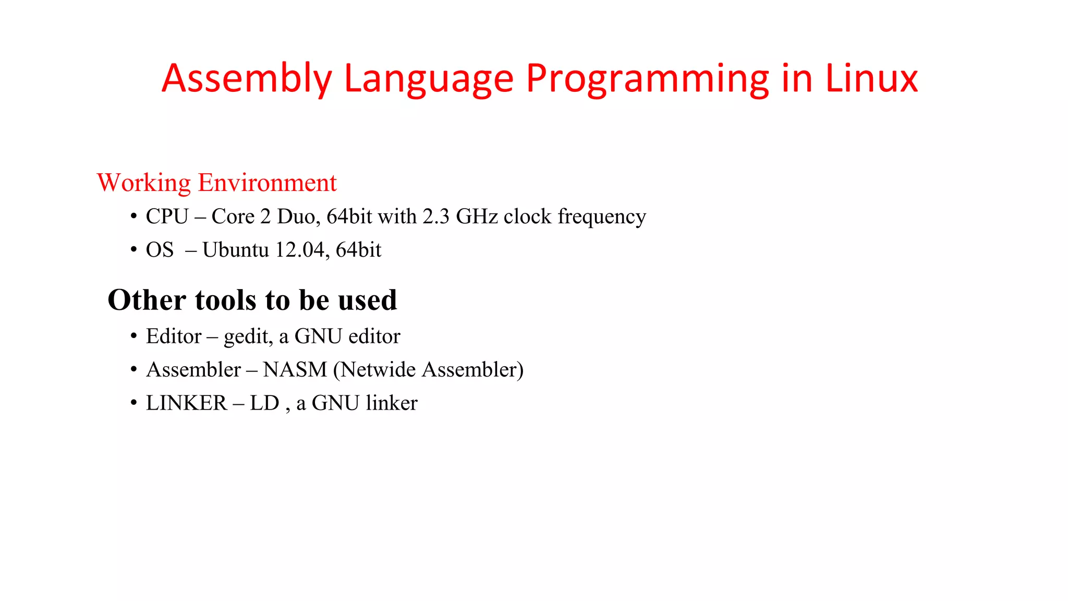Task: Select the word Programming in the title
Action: click(x=647, y=79)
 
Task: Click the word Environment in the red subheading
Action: click(x=267, y=183)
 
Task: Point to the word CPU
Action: click(x=167, y=217)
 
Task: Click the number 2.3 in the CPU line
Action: click(x=435, y=217)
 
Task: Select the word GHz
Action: click(x=477, y=217)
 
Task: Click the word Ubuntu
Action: click(x=235, y=250)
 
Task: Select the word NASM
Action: click(x=295, y=369)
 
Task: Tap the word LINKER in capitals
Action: click(x=186, y=403)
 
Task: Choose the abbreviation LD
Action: click(x=264, y=403)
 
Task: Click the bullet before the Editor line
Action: click(x=134, y=336)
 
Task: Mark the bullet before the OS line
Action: click(x=134, y=250)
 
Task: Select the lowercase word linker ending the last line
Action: click(x=392, y=403)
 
